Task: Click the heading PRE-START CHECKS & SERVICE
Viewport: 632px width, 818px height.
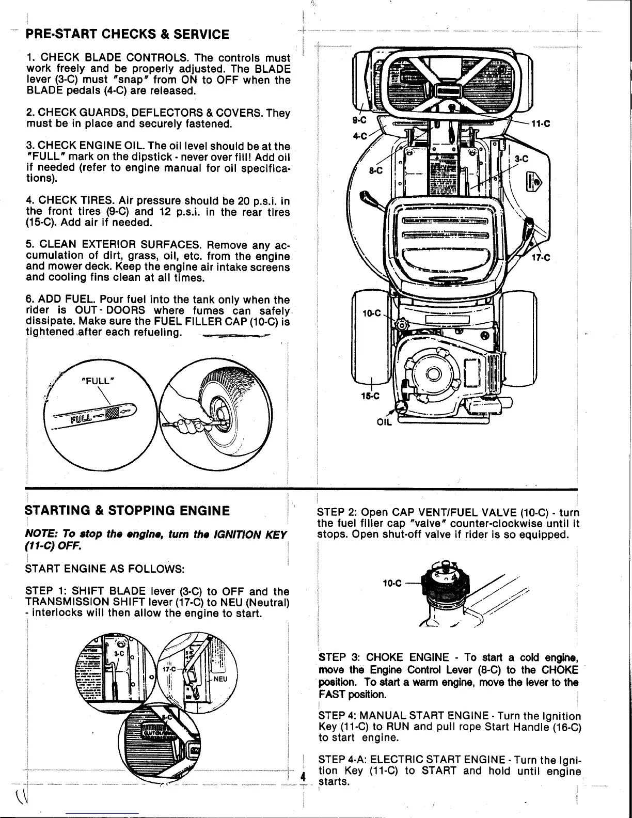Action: (x=128, y=35)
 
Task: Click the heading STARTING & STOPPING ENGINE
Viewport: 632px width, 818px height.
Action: (x=127, y=511)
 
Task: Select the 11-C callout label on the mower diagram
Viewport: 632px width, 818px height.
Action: (x=540, y=123)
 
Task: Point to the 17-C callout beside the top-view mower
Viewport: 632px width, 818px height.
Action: (x=541, y=260)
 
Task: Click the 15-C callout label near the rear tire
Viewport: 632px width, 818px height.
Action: (x=370, y=396)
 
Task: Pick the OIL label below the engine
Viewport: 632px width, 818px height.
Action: (x=385, y=421)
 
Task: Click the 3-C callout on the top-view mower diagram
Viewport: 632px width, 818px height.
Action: (x=522, y=160)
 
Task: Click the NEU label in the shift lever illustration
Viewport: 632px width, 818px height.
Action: (x=220, y=680)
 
